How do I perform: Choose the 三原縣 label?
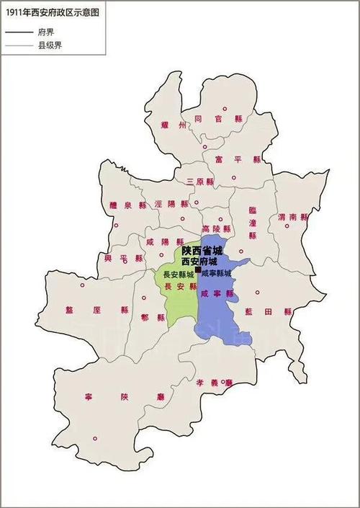pos(199,181)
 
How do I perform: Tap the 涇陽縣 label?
pos(171,204)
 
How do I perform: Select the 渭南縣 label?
pos(292,217)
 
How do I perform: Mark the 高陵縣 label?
pos(216,228)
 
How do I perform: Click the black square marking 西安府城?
pos(199,269)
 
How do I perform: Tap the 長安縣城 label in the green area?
pos(178,275)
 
